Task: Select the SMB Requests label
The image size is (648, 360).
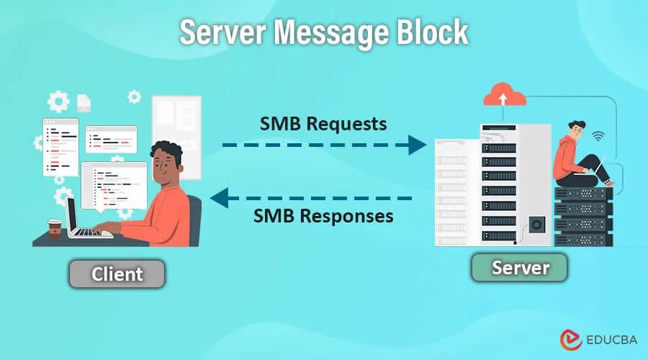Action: [x=323, y=123]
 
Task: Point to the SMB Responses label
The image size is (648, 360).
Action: [x=323, y=215]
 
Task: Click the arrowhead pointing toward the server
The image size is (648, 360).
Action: [x=417, y=145]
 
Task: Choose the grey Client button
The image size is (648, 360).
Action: [x=117, y=274]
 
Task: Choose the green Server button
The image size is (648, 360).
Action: [x=520, y=268]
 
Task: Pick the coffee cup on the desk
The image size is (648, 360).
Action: [x=54, y=228]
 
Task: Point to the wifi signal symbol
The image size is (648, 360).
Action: [x=598, y=135]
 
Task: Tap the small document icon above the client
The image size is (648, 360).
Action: [x=84, y=103]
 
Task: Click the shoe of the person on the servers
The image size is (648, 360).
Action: [x=608, y=184]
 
